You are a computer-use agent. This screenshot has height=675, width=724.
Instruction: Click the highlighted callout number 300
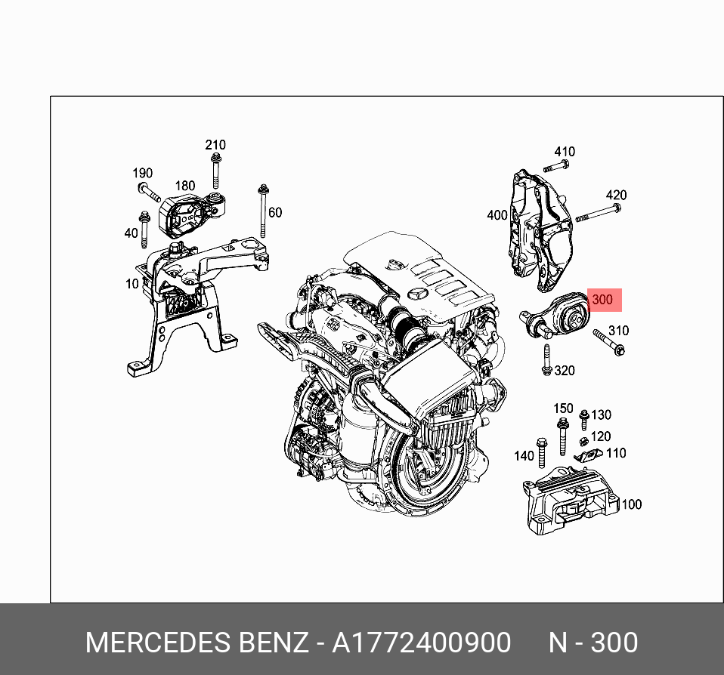point(603,300)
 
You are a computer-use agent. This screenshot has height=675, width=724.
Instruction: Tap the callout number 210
point(215,145)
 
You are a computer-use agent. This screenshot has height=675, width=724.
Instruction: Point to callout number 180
point(184,186)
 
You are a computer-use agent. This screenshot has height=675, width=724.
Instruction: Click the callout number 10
point(131,284)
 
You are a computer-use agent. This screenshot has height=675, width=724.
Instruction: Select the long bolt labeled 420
point(598,213)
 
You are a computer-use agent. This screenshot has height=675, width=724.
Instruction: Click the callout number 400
point(497,215)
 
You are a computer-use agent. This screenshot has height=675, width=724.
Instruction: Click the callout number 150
point(563,408)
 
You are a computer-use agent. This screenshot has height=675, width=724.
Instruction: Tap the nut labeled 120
point(583,441)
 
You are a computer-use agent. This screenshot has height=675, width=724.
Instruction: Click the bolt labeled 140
point(541,450)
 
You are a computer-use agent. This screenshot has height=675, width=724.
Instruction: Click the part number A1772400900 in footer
point(422,643)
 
